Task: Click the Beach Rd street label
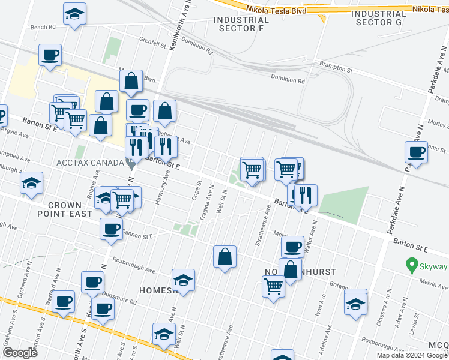click(43, 27)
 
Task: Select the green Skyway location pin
click(411, 264)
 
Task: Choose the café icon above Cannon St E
click(111, 229)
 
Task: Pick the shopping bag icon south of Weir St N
click(224, 257)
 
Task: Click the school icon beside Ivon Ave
click(355, 304)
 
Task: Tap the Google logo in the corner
click(20, 352)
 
